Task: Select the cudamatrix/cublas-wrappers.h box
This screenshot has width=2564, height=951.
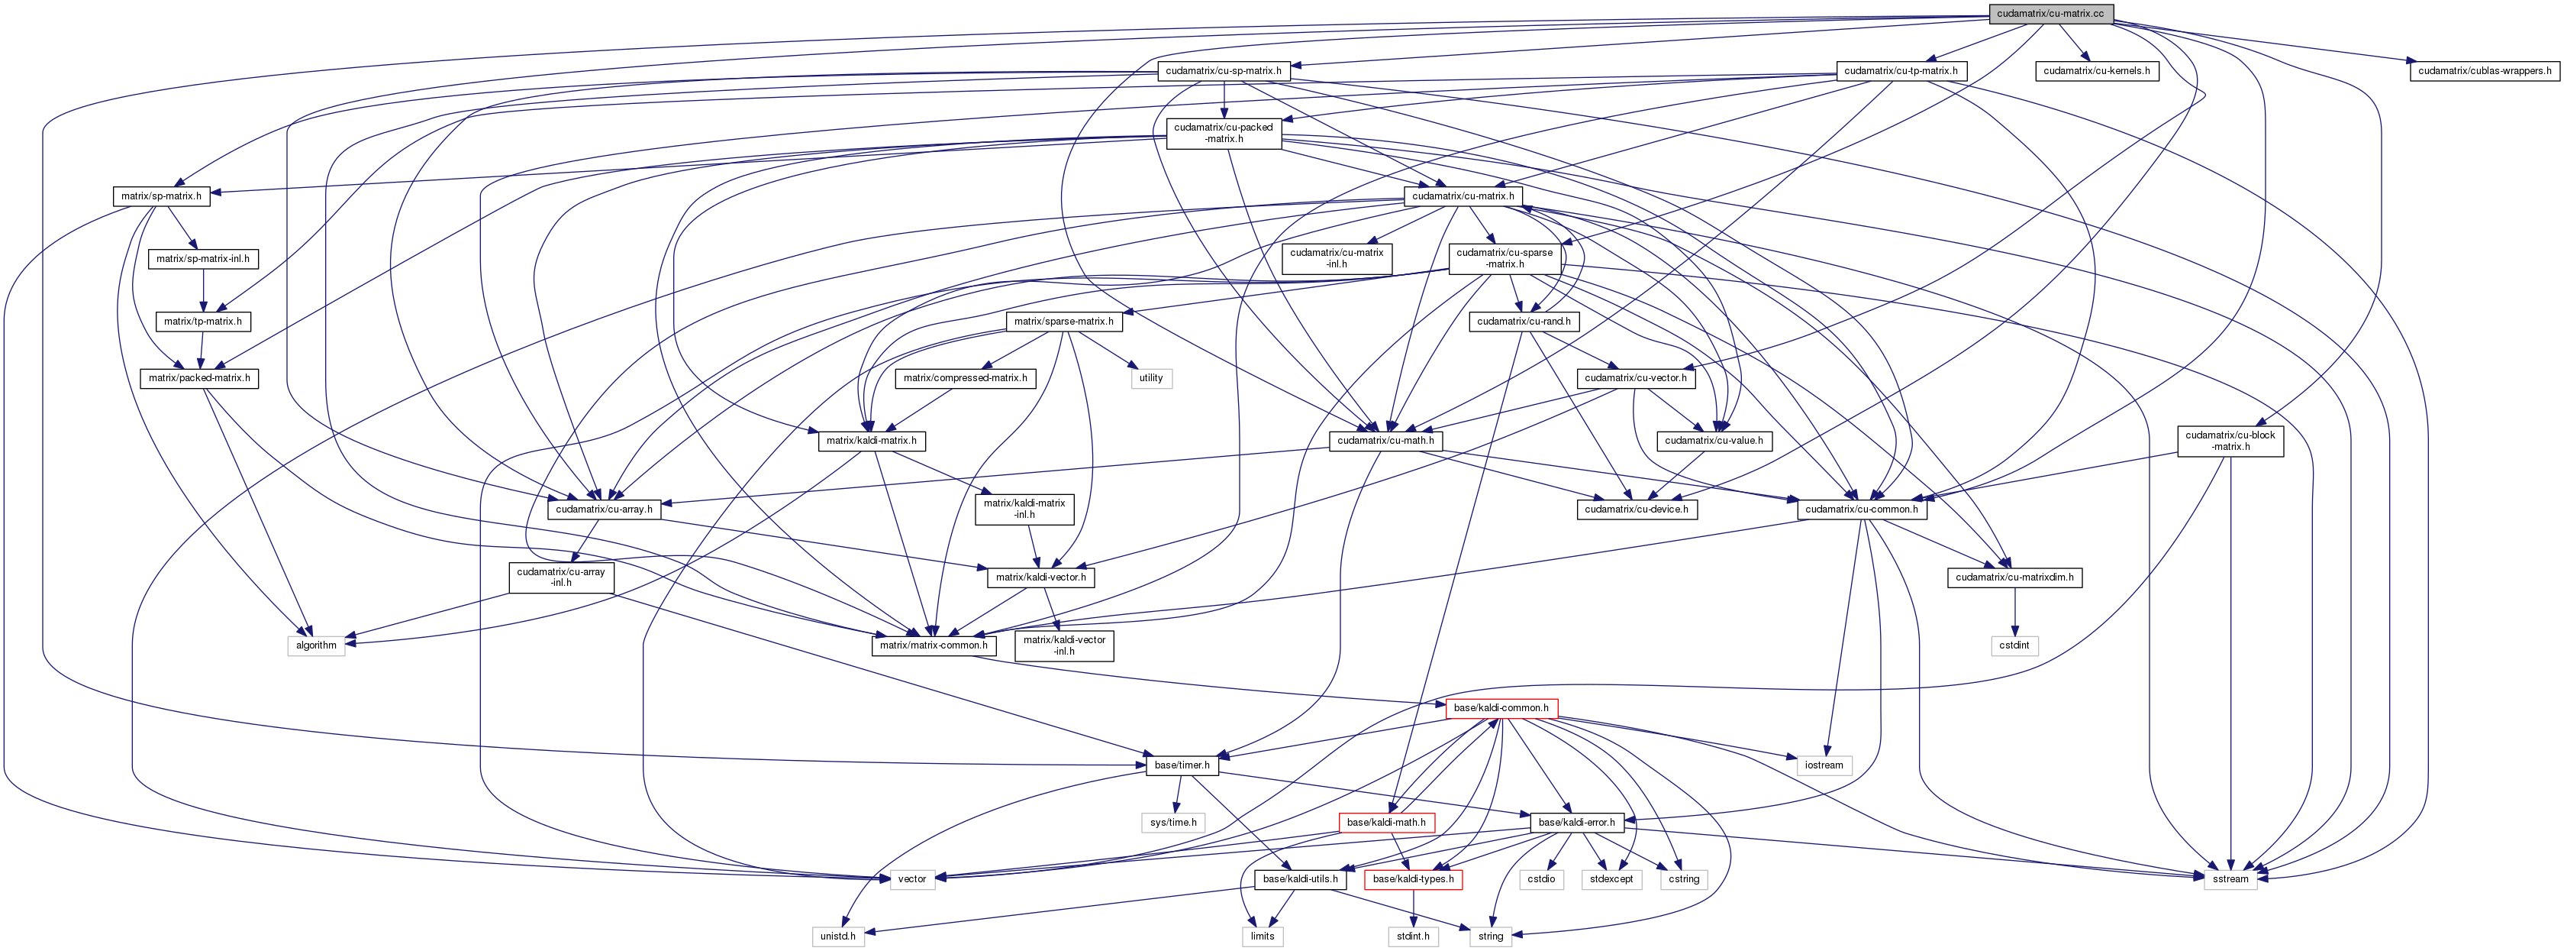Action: (2483, 71)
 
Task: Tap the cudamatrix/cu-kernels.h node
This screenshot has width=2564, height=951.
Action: (2096, 71)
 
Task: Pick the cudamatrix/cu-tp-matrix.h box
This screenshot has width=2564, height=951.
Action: (1900, 71)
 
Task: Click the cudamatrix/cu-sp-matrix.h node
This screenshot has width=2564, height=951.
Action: (1224, 71)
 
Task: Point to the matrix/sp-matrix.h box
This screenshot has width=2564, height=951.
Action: (161, 196)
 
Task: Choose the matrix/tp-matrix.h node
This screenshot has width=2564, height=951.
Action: (203, 322)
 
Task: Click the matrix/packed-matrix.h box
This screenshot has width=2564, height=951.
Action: (199, 378)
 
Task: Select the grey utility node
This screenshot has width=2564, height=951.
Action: (1150, 378)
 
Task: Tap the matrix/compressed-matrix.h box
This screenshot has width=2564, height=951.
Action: (966, 378)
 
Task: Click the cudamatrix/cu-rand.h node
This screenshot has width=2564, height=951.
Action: (1524, 322)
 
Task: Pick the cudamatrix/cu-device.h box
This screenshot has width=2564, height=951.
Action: (1637, 509)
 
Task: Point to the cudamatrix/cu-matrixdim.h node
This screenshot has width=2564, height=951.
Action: (2014, 577)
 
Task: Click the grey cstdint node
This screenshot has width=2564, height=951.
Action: (2014, 645)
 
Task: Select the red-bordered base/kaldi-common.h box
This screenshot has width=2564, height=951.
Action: (1501, 708)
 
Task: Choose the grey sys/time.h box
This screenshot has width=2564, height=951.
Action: (1173, 823)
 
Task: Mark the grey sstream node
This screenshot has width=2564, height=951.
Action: (2230, 879)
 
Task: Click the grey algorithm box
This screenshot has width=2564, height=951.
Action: (317, 645)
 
